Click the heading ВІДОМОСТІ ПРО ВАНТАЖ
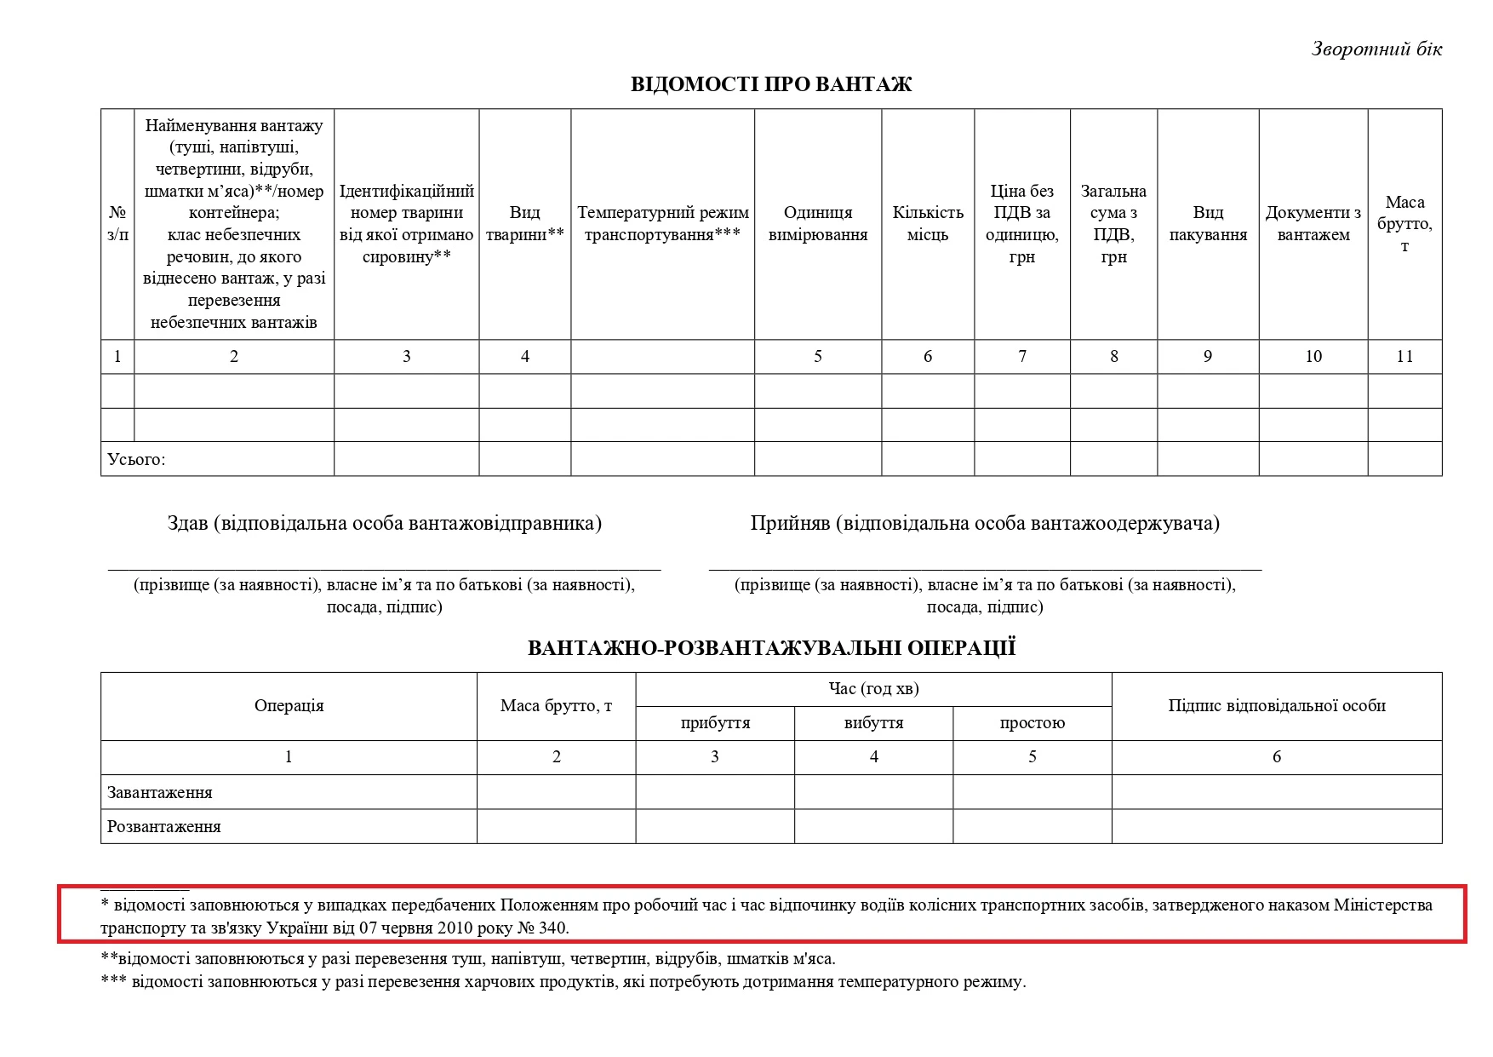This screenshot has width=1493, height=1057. (x=770, y=84)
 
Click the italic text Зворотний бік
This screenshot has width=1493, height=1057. (x=1376, y=49)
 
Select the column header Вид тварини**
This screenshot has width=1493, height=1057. (x=524, y=224)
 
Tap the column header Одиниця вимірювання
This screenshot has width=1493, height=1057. (x=817, y=224)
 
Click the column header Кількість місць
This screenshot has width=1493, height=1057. (x=927, y=224)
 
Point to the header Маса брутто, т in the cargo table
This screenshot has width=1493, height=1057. (x=1404, y=224)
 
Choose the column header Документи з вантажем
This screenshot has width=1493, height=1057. (x=1313, y=224)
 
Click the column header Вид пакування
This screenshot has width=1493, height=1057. (x=1207, y=224)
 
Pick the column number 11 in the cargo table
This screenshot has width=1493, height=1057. (x=1404, y=357)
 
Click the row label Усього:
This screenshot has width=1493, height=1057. (x=136, y=460)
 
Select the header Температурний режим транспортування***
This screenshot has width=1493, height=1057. (x=662, y=224)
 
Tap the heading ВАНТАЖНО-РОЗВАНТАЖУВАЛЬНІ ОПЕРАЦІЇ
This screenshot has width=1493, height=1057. (x=771, y=648)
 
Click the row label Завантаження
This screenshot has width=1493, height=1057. (x=160, y=793)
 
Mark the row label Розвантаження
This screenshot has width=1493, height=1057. (x=164, y=827)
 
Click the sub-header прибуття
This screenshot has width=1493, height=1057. (x=715, y=723)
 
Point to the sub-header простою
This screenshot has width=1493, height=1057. (x=1032, y=723)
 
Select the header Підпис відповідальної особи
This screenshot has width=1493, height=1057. (x=1276, y=706)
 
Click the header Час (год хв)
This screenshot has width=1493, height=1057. (x=873, y=689)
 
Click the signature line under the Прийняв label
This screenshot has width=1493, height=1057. (x=985, y=568)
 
